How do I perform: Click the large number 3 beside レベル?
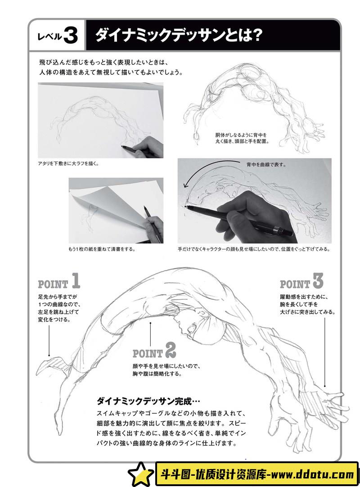pos(71,35)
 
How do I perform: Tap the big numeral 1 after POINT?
pos(76,280)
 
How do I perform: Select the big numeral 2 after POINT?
pos(171,350)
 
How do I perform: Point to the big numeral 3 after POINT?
pos(317,280)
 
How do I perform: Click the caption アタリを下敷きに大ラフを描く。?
pos(68,163)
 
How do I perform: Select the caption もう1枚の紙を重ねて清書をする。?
pos(102,249)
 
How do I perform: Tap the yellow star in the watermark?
pos(141,474)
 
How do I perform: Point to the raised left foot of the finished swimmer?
pos(49,366)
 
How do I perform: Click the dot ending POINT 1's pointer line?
pos(49,356)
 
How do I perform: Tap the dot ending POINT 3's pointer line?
pos(325,386)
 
